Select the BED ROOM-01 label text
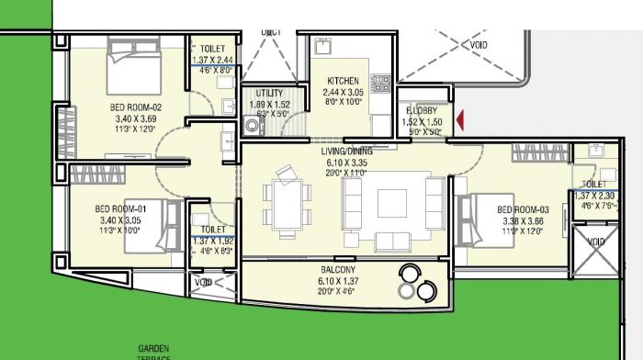tap(121, 208)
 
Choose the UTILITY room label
tap(269, 94)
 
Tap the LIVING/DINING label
tap(345, 151)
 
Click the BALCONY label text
tap(338, 270)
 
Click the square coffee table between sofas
tap(392, 201)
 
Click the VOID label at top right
tap(479, 45)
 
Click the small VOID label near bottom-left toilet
tap(203, 283)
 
